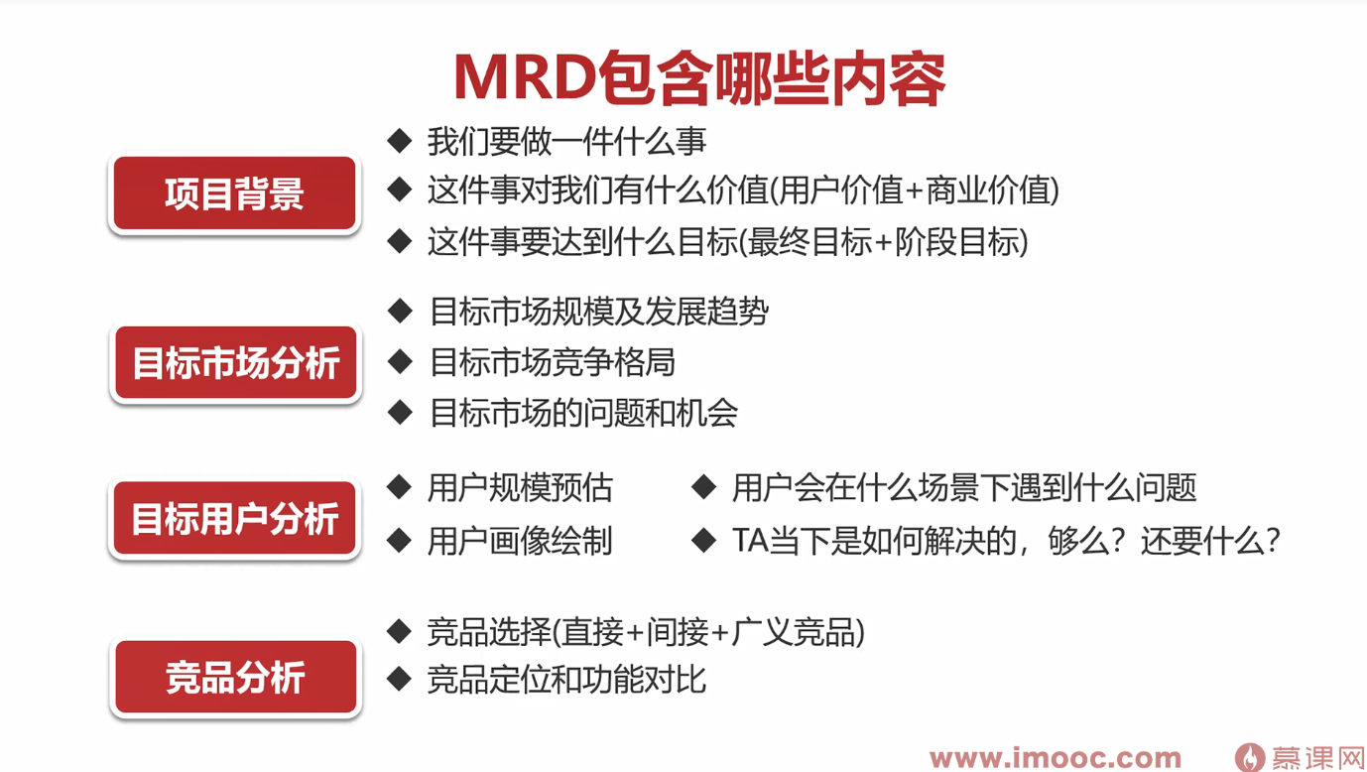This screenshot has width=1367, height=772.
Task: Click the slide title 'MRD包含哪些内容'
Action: [699, 78]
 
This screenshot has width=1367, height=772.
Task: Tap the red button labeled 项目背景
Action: [234, 193]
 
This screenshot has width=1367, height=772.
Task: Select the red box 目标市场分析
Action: [235, 362]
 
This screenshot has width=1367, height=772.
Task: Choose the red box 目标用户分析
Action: [234, 518]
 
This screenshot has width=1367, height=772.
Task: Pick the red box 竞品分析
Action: [235, 677]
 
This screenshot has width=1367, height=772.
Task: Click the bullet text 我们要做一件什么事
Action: [567, 141]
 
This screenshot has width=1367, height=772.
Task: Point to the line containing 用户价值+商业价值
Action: [743, 190]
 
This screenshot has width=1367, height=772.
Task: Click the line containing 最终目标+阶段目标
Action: [727, 242]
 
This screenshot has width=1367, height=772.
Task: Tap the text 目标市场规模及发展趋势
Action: [598, 312]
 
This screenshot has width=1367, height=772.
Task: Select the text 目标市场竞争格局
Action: [553, 362]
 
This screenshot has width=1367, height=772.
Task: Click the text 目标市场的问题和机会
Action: [583, 413]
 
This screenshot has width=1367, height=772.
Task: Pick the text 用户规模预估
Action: [520, 487]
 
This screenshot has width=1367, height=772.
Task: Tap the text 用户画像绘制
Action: [520, 541]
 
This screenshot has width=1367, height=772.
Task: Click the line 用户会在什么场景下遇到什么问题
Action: [964, 487]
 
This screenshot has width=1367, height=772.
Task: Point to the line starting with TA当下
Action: [1006, 541]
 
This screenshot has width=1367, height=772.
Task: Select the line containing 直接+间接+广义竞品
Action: [646, 632]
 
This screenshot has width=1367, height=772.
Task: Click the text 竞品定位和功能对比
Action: [566, 680]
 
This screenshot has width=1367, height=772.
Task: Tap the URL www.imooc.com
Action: [1056, 758]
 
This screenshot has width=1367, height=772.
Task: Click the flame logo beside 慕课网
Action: [1250, 757]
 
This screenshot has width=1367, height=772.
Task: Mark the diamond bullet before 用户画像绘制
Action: [400, 541]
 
